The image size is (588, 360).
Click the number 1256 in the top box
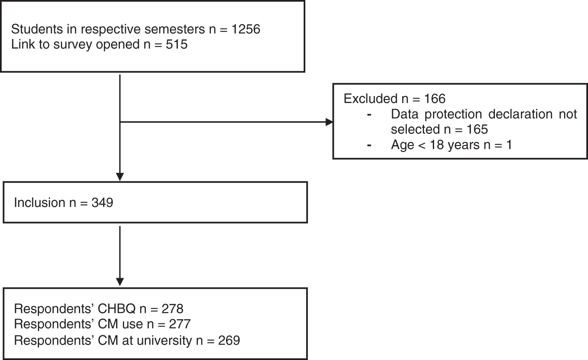click(x=246, y=29)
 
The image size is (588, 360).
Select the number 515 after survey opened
click(x=177, y=44)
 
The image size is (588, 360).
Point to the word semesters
click(x=174, y=29)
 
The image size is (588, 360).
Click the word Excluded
click(x=371, y=99)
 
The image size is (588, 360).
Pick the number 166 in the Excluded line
click(x=434, y=99)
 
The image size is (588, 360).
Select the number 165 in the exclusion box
click(x=477, y=129)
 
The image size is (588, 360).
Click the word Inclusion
click(x=40, y=203)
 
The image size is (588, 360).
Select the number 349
click(x=102, y=203)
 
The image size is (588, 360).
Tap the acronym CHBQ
click(x=117, y=309)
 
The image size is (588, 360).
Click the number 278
click(x=172, y=309)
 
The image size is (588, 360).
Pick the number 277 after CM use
click(x=180, y=324)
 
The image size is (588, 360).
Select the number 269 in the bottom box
click(x=229, y=341)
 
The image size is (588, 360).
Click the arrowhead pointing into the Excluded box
click(x=329, y=122)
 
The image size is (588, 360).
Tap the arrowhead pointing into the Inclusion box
click(x=120, y=177)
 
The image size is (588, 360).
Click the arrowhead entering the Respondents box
click(x=120, y=282)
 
